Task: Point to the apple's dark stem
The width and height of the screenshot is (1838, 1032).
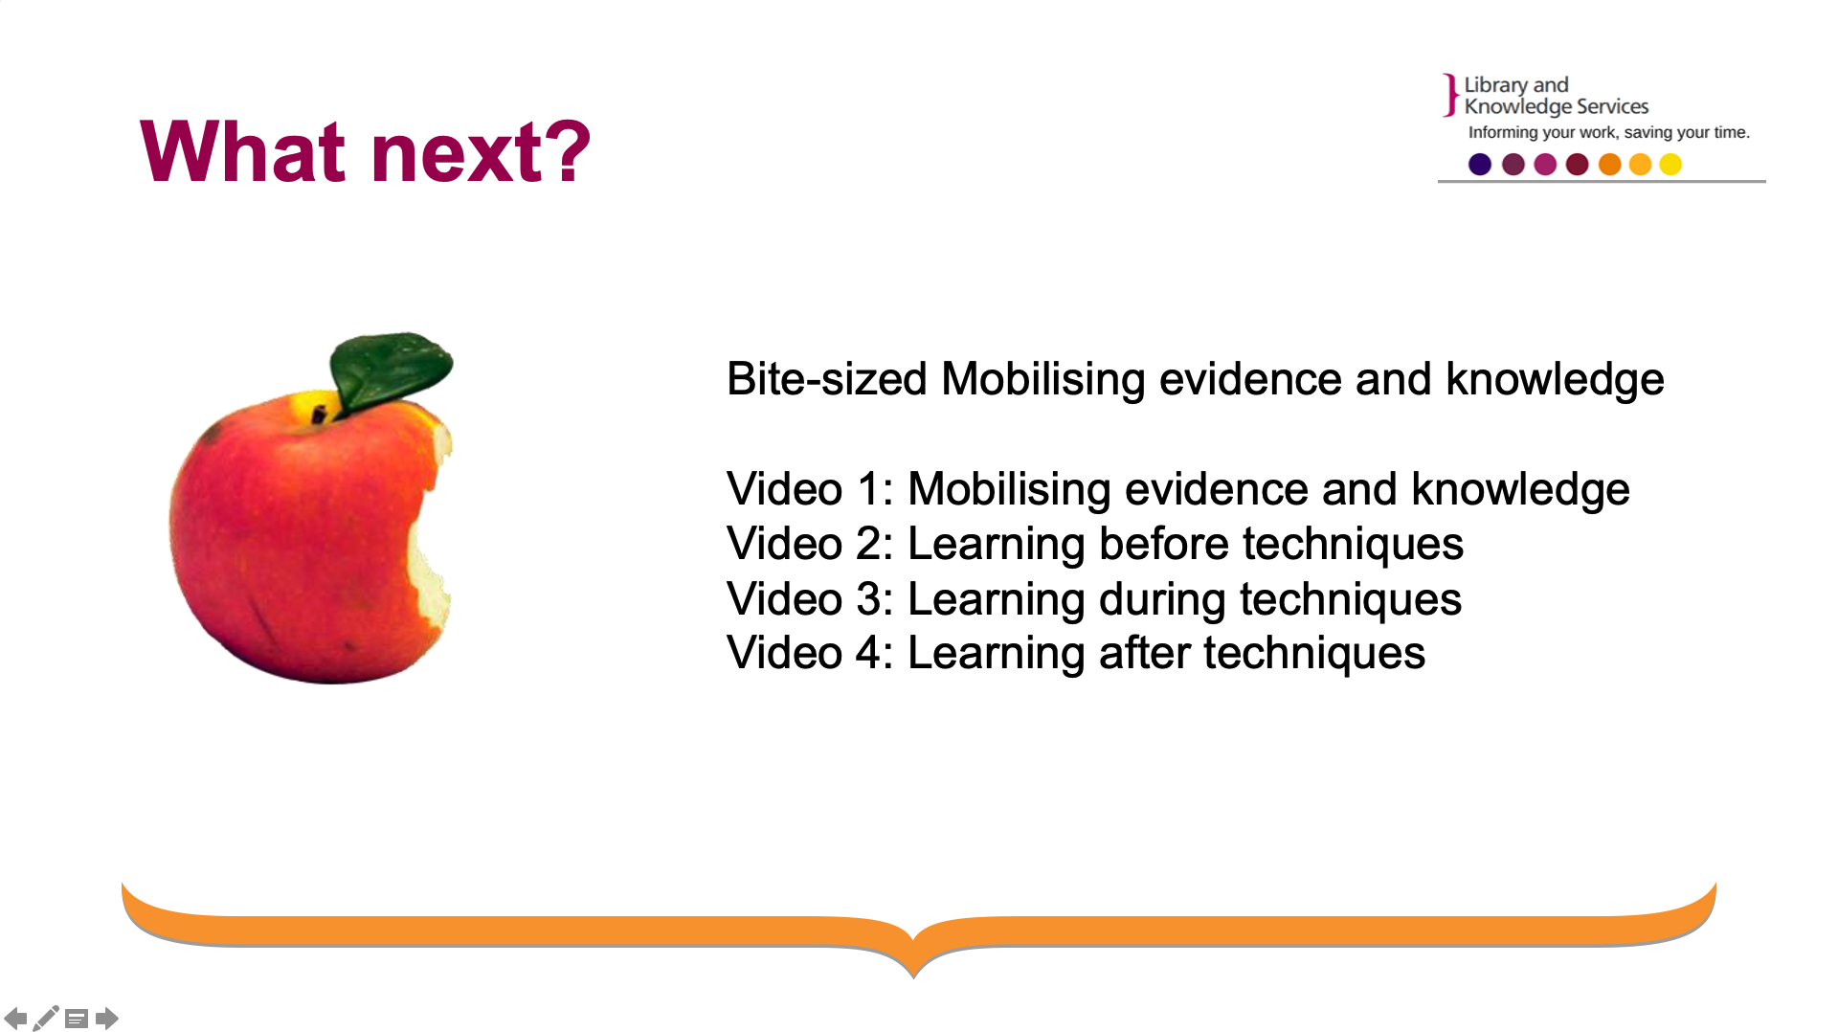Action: [x=319, y=414]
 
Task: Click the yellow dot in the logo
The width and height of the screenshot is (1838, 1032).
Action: [x=1670, y=165]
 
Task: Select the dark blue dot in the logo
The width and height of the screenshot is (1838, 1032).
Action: [x=1480, y=165]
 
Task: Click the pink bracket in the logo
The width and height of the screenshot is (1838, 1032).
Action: [x=1451, y=96]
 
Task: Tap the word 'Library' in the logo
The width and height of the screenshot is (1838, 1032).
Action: [x=1495, y=85]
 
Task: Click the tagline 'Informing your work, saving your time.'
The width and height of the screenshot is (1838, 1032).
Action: [x=1609, y=132]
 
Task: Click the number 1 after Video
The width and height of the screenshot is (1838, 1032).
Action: [x=868, y=489]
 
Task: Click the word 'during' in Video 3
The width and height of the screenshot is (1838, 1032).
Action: [x=1162, y=600]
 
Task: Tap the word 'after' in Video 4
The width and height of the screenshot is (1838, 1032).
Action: [x=1144, y=653]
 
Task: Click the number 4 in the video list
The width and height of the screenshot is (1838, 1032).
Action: [x=868, y=653]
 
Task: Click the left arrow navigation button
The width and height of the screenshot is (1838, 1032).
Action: [x=15, y=1018]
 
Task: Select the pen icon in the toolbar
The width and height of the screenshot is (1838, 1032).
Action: [x=45, y=1018]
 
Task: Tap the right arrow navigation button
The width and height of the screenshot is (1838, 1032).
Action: [x=107, y=1018]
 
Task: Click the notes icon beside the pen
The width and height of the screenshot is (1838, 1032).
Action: [x=77, y=1019]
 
